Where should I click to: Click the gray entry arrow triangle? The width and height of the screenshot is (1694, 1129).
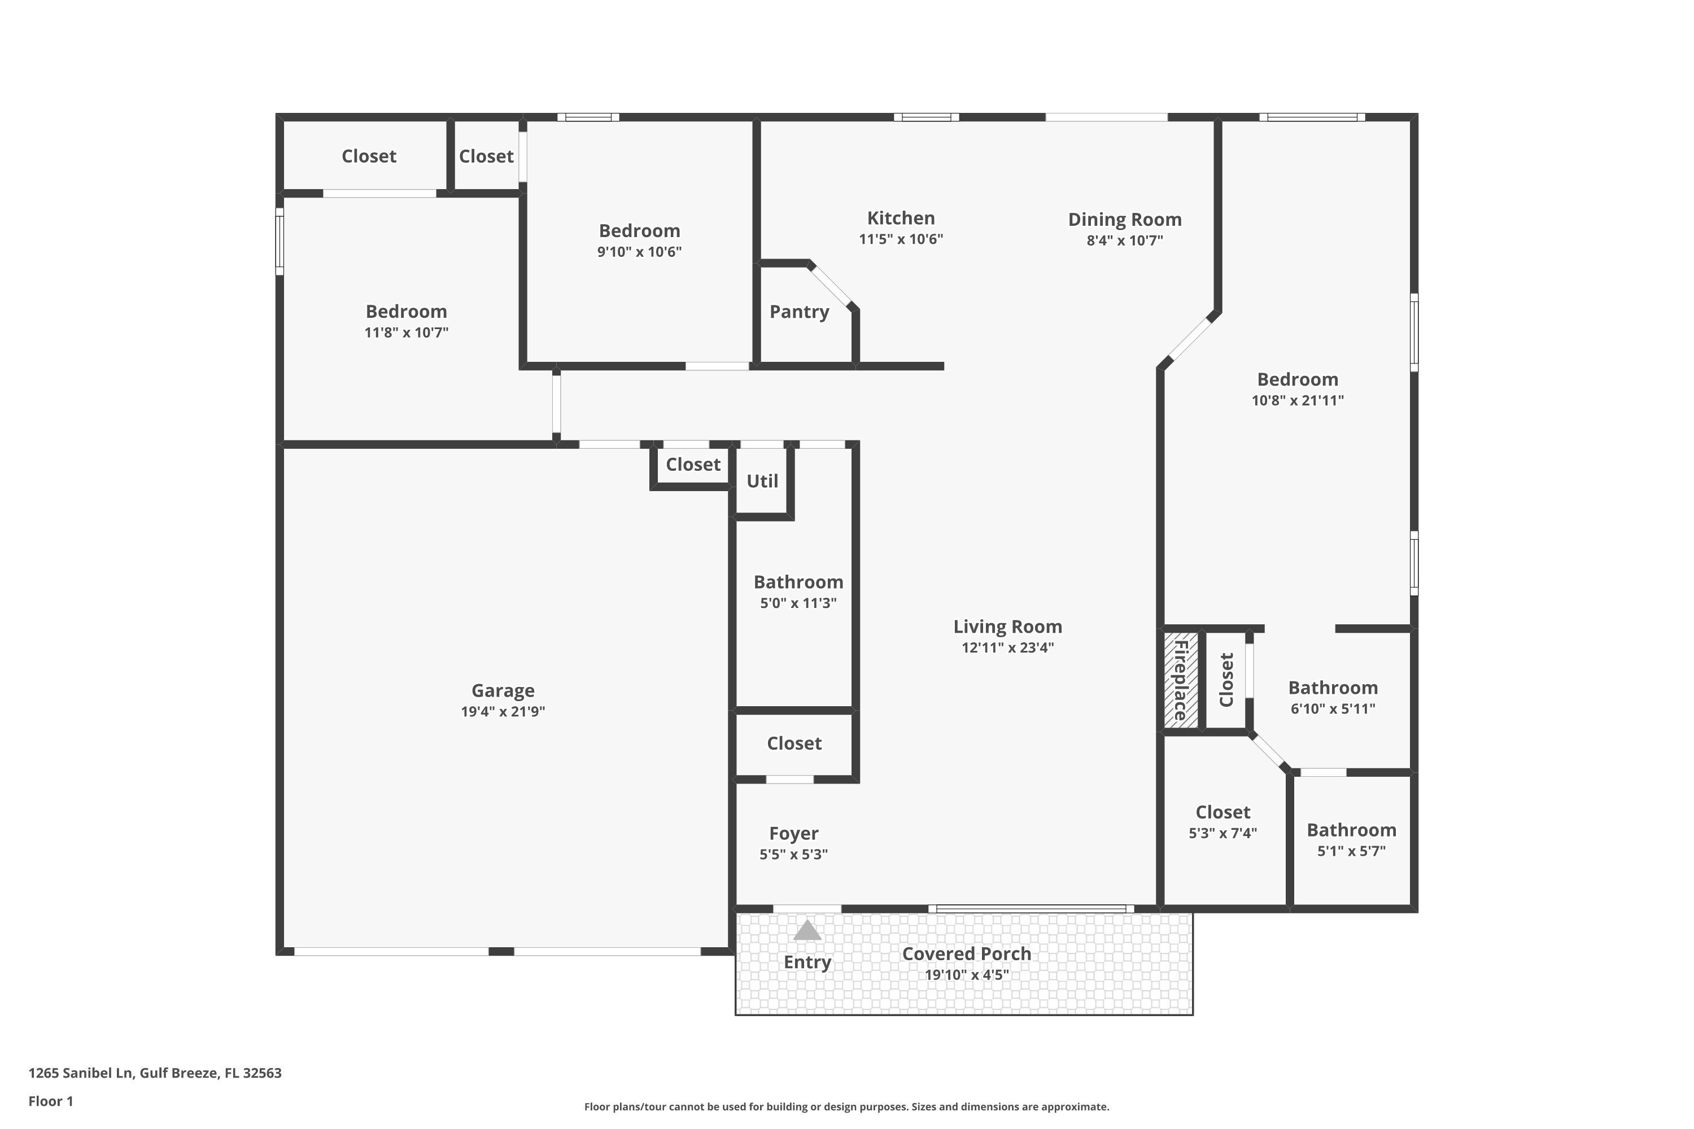[807, 931]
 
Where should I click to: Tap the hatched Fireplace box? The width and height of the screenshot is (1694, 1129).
[1181, 680]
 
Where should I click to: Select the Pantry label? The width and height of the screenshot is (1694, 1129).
[799, 312]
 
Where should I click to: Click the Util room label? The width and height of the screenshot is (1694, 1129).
[761, 481]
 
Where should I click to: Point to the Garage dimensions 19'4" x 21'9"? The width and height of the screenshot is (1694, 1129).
[503, 711]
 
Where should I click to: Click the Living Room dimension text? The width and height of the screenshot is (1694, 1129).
[1007, 647]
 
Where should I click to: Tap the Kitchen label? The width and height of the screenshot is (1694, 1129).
[900, 218]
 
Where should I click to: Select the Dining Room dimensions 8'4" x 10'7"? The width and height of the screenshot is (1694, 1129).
[1124, 240]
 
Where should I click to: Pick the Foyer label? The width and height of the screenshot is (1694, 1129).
[793, 833]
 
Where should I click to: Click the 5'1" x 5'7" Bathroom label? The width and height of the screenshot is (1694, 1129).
[1351, 830]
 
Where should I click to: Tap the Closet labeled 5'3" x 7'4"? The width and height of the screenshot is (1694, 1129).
[1223, 812]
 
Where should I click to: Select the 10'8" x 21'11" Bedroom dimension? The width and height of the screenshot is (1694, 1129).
[1297, 400]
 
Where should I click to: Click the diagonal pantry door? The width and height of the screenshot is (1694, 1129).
[831, 286]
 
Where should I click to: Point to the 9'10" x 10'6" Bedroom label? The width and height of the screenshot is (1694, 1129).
[639, 231]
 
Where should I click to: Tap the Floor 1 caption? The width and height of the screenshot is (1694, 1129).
[50, 1101]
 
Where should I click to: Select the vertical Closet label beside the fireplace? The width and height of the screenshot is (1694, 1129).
[1226, 680]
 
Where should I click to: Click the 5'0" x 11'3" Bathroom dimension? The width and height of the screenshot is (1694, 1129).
[798, 603]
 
